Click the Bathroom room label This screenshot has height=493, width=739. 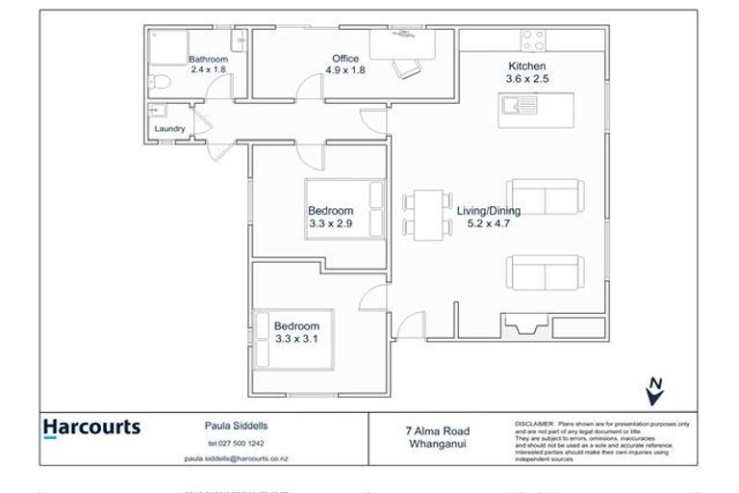click(207, 59)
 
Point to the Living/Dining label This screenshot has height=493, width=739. click(488, 211)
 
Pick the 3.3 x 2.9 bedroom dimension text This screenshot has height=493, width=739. click(330, 223)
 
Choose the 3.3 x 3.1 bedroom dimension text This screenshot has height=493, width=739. click(295, 339)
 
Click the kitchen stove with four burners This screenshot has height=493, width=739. click(533, 40)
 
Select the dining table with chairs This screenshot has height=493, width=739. click(427, 215)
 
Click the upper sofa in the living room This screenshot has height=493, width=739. click(544, 196)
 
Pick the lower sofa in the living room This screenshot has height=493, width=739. click(544, 272)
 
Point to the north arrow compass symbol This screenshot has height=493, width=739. click(655, 391)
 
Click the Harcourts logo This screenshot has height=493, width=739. click(91, 428)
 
